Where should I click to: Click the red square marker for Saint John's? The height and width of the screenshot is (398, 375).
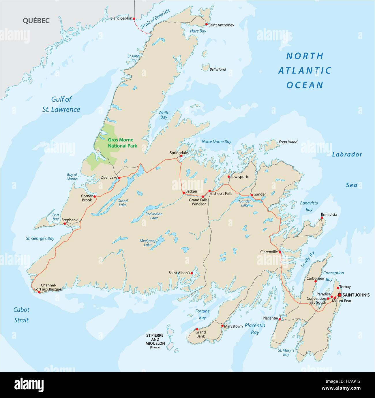point(340,295)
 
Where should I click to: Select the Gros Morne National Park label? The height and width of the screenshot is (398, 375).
point(122,143)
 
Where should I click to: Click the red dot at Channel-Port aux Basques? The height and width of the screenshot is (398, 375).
point(39,292)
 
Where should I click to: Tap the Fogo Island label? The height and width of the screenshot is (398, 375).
point(288,142)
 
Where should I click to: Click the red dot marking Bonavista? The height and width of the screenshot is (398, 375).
point(322,218)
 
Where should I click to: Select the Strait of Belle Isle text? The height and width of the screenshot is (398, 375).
point(155,19)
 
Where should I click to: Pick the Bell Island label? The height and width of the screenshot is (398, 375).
point(218,69)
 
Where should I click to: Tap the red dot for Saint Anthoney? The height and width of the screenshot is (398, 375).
point(206,24)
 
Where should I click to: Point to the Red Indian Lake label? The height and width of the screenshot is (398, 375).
point(154,216)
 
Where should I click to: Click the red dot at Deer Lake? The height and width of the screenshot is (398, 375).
point(119,178)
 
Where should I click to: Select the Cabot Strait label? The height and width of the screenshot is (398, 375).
point(21,315)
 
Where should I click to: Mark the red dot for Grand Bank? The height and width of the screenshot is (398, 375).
point(197,329)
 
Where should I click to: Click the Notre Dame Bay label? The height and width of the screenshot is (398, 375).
point(216,142)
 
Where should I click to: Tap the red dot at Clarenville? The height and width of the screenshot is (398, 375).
point(280,252)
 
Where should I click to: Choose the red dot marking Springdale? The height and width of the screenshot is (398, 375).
point(181,156)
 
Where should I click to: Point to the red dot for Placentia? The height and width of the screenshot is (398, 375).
point(280,319)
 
